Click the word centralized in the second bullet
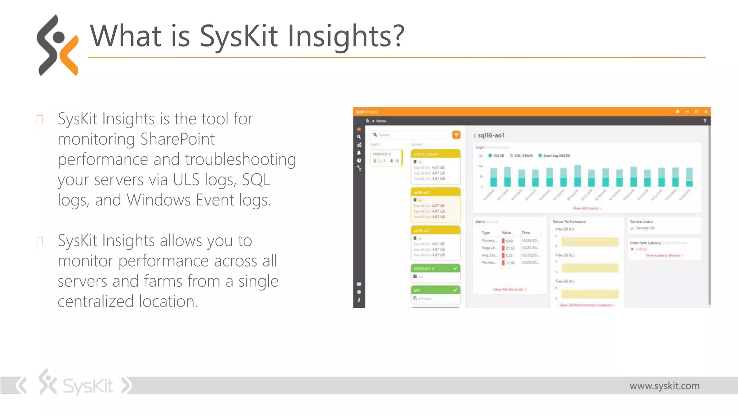96,302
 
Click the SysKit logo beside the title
58,45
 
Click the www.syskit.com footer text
664,386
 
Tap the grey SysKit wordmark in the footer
88,386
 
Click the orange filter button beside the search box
456,135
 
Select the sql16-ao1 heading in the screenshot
491,135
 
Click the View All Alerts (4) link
509,289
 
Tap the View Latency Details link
664,255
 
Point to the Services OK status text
645,228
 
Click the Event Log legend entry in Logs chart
556,156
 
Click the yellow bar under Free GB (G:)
590,268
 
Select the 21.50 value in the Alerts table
510,248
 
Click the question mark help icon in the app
704,121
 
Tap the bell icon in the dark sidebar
359,153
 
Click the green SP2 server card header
435,290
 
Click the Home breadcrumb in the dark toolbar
381,121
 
